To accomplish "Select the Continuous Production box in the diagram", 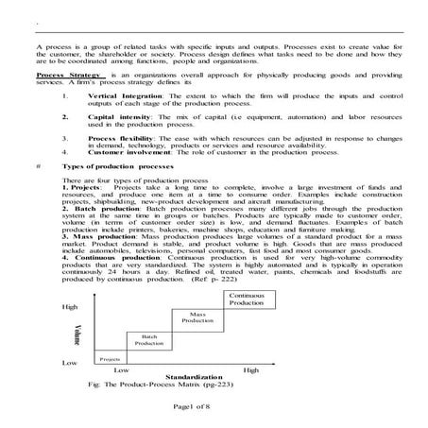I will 247,300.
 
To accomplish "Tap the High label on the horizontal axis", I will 250,370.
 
